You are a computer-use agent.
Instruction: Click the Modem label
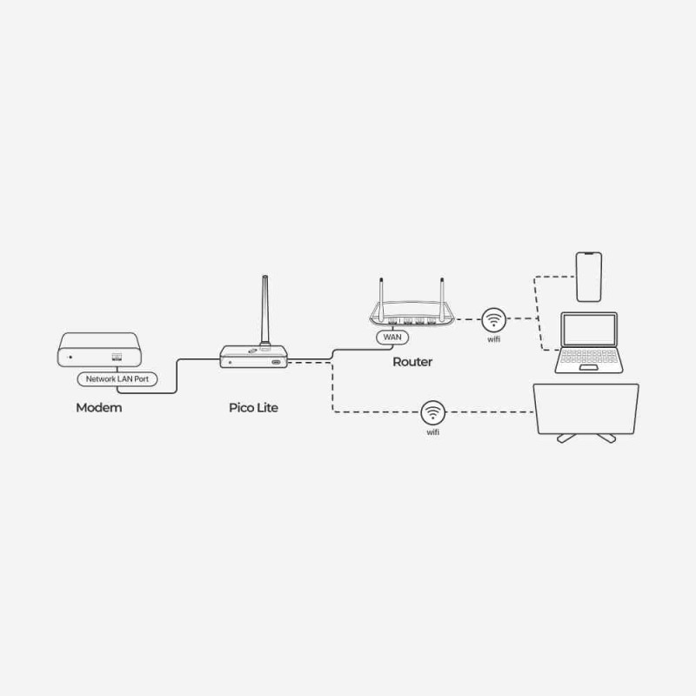point(98,407)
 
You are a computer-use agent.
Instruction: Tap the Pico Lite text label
point(253,407)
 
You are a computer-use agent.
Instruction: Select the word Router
point(412,362)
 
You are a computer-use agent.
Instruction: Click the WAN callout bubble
point(392,338)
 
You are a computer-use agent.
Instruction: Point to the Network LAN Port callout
point(117,379)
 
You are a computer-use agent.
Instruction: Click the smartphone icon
point(589,277)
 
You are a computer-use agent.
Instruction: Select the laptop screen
point(589,330)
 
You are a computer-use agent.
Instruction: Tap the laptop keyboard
point(589,356)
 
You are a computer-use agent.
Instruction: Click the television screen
point(586,409)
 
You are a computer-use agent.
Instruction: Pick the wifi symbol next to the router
point(493,319)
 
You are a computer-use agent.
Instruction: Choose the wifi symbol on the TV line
point(432,412)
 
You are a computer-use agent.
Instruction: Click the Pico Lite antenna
point(265,310)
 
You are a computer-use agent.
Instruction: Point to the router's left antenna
point(381,298)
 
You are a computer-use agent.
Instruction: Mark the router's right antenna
point(442,298)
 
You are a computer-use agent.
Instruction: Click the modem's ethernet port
point(117,357)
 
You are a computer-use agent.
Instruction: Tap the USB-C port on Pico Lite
point(276,362)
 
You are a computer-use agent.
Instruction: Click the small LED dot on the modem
point(70,357)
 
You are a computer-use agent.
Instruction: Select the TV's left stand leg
point(566,438)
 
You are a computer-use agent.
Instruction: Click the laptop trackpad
point(589,368)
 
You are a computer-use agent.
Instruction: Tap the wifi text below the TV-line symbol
point(432,432)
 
